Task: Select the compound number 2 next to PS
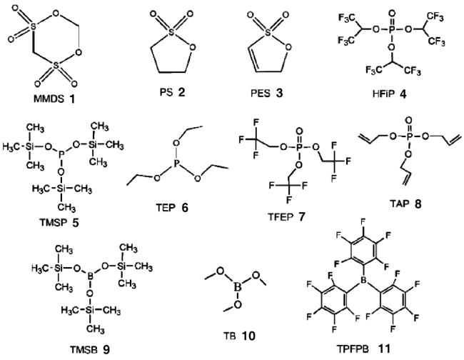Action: pyautogui.click(x=181, y=92)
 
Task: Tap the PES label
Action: pyautogui.click(x=261, y=93)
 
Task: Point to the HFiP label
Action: pyautogui.click(x=383, y=94)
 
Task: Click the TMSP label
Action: pyautogui.click(x=54, y=222)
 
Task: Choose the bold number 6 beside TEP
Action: pyautogui.click(x=185, y=208)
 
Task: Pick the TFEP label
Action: pyautogui.click(x=281, y=217)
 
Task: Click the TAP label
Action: pyautogui.click(x=399, y=204)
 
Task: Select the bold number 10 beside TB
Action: pyautogui.click(x=248, y=336)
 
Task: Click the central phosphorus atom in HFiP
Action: pyautogui.click(x=392, y=29)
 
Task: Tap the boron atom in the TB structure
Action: pyautogui.click(x=238, y=286)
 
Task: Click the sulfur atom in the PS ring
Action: pyautogui.click(x=171, y=33)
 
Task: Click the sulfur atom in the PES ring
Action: pyautogui.click(x=268, y=33)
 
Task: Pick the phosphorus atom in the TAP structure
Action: pyautogui.click(x=409, y=136)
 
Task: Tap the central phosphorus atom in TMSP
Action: pyautogui.click(x=61, y=153)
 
